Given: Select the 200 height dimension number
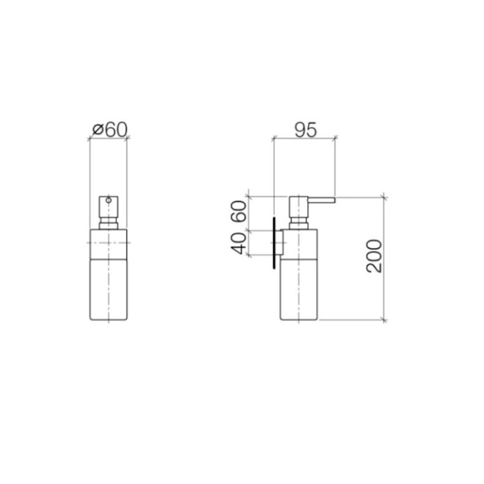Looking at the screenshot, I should pyautogui.click(x=374, y=256).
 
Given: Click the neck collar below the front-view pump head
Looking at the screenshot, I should pyautogui.click(x=108, y=222).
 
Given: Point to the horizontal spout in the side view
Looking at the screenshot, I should pyautogui.click(x=320, y=200).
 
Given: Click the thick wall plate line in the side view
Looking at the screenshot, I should pyautogui.click(x=274, y=243).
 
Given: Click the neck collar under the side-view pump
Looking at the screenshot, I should pyautogui.click(x=298, y=222).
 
